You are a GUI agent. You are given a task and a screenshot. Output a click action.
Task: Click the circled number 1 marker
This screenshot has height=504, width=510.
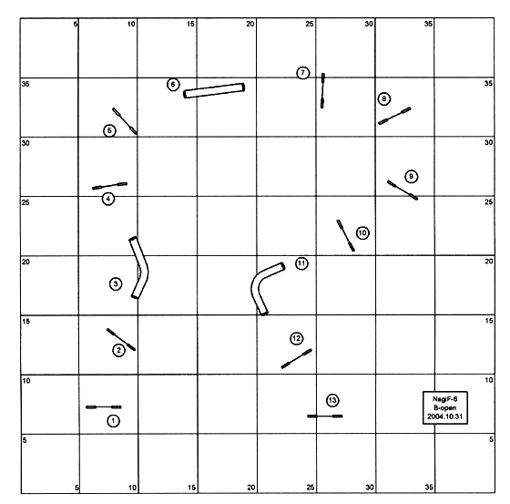(x=113, y=421)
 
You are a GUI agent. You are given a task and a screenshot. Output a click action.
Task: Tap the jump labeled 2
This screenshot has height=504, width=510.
(x=121, y=340)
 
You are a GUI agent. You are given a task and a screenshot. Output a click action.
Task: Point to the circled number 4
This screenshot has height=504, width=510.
(x=108, y=199)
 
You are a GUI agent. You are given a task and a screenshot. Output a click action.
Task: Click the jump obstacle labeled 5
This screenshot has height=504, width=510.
(x=125, y=121)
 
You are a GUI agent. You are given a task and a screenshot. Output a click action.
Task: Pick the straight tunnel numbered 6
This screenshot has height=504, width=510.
(x=214, y=90)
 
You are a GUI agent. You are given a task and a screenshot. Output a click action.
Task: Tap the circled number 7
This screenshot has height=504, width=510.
(x=302, y=73)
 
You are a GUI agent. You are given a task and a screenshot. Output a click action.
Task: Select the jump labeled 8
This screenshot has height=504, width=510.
(x=394, y=116)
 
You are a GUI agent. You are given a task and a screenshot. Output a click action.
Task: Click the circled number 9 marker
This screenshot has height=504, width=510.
(x=412, y=177)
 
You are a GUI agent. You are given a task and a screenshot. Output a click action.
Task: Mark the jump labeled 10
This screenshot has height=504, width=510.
(x=345, y=235)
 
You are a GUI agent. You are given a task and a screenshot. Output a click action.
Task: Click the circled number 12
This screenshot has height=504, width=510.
(x=296, y=339)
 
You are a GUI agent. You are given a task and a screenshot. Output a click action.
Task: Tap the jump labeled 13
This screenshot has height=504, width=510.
(x=325, y=417)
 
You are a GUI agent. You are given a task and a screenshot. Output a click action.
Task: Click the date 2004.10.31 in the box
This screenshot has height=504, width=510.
(x=445, y=417)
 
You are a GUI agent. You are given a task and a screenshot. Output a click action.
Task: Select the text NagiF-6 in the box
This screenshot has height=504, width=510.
(x=445, y=399)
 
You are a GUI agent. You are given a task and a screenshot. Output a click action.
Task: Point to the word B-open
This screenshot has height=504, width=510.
(x=445, y=407)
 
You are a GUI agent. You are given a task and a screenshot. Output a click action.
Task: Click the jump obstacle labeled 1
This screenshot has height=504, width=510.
(x=104, y=407)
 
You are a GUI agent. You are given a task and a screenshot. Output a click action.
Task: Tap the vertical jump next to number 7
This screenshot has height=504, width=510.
(x=322, y=90)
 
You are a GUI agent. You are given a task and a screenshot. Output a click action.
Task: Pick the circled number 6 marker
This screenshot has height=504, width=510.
(x=173, y=85)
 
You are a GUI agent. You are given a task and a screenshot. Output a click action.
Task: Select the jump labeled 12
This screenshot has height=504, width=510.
(x=297, y=359)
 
